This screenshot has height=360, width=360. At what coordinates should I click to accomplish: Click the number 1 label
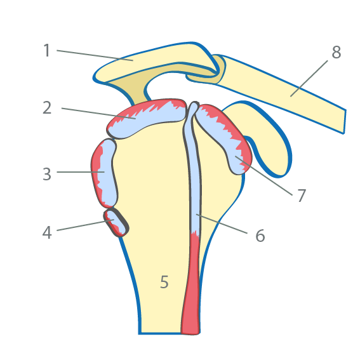click(46, 50)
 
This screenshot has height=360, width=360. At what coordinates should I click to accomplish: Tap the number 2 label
click(47, 108)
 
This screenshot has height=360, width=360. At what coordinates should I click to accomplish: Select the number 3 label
click(47, 174)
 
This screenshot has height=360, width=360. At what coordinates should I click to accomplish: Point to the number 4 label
click(47, 232)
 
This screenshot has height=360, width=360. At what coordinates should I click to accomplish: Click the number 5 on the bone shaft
click(164, 281)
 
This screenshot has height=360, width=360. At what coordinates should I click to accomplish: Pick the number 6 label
click(260, 236)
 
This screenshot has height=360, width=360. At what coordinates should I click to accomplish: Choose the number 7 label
click(302, 196)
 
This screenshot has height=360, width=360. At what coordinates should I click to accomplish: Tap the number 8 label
click(337, 52)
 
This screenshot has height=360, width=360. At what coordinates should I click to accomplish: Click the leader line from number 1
click(95, 55)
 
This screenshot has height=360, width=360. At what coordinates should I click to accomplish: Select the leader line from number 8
click(309, 79)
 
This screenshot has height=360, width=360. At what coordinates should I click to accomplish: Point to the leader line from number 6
click(222, 223)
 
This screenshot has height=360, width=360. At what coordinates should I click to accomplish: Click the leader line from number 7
click(263, 176)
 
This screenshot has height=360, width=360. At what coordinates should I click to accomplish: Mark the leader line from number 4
click(86, 225)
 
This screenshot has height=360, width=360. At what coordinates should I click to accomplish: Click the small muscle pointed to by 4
click(116, 222)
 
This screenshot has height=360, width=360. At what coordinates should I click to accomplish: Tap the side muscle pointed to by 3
click(105, 173)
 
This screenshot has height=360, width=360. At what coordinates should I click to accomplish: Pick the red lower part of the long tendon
click(191, 284)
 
